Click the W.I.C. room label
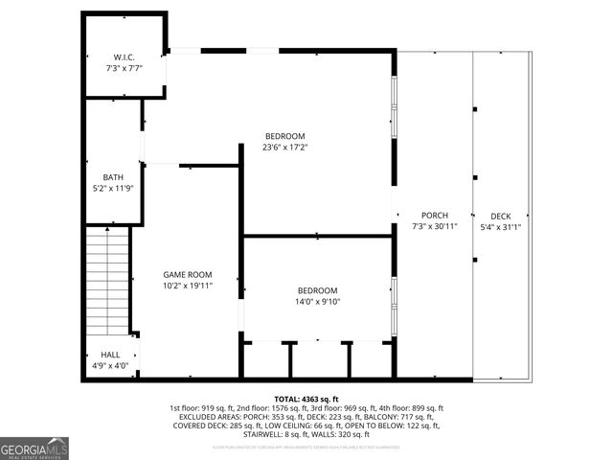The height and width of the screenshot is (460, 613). click(123, 57)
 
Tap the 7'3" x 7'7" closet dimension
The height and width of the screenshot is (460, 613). click(123, 69)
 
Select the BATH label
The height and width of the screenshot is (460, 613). click(113, 177)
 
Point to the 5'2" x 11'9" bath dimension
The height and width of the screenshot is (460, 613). click(113, 189)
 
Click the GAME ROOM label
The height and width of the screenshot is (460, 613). click(187, 274)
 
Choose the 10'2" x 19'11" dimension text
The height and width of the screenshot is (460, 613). click(187, 286)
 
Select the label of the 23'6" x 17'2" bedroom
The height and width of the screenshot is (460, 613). click(284, 135)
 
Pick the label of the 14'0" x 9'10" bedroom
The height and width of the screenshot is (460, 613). click(317, 290)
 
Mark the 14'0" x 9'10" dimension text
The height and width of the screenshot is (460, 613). click(317, 302)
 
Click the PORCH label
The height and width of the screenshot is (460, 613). click(434, 215)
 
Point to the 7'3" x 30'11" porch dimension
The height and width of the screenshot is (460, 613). click(434, 226)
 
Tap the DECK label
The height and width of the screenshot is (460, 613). click(501, 215)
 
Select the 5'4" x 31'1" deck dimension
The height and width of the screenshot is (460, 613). click(501, 226)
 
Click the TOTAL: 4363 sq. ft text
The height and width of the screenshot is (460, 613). click(306, 399)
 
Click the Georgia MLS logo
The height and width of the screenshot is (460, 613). click(34, 448)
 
